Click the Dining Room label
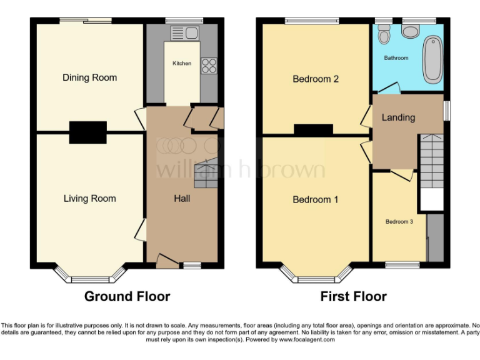(89, 77)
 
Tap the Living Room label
(89, 199)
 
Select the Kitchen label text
(182, 63)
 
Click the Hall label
(182, 199)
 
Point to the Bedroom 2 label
(316, 79)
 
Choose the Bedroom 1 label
(316, 200)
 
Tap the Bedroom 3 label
(398, 222)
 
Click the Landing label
(398, 117)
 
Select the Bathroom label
(396, 58)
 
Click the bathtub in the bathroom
(432, 60)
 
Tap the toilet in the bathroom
(384, 35)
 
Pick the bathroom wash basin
(411, 31)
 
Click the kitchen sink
(184, 32)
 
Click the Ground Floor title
(127, 296)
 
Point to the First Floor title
(353, 296)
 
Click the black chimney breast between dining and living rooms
(87, 131)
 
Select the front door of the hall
(167, 262)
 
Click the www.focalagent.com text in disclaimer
(306, 340)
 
